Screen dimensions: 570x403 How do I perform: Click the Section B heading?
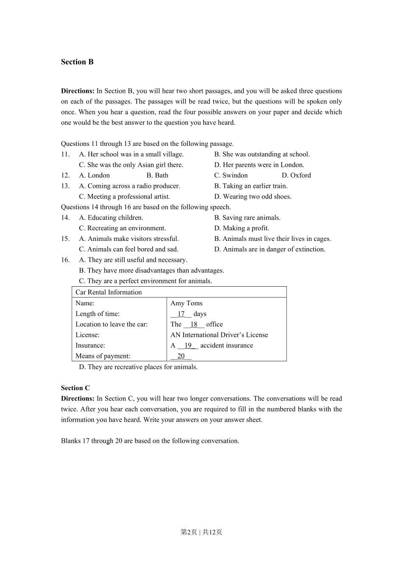click(x=77, y=62)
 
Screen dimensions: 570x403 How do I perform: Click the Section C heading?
click(x=76, y=388)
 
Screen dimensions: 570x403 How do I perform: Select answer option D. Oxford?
click(x=296, y=176)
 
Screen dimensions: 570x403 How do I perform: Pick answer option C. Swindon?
click(x=231, y=176)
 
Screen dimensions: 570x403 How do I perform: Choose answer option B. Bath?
click(x=157, y=176)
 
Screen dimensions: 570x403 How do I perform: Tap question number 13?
click(x=65, y=186)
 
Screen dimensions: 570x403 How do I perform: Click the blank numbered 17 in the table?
click(x=181, y=314)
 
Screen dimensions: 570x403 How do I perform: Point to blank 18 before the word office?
click(x=194, y=324)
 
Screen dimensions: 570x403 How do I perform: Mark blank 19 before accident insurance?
click(x=188, y=346)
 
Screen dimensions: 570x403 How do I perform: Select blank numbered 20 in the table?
click(x=181, y=356)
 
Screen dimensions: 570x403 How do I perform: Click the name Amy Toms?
click(x=186, y=303)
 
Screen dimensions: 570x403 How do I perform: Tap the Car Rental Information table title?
click(x=109, y=292)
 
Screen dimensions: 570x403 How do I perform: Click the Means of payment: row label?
click(x=103, y=356)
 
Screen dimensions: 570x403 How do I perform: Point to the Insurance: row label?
click(x=90, y=346)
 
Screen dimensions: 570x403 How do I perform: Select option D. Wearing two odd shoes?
click(x=253, y=197)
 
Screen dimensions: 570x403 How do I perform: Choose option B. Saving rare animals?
click(x=247, y=218)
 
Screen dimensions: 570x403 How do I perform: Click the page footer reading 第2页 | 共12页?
click(x=201, y=532)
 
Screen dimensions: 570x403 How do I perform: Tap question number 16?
click(x=65, y=260)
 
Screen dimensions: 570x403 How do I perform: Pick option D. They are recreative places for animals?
click(x=138, y=367)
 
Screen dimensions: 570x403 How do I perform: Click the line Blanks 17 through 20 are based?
click(x=150, y=441)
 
